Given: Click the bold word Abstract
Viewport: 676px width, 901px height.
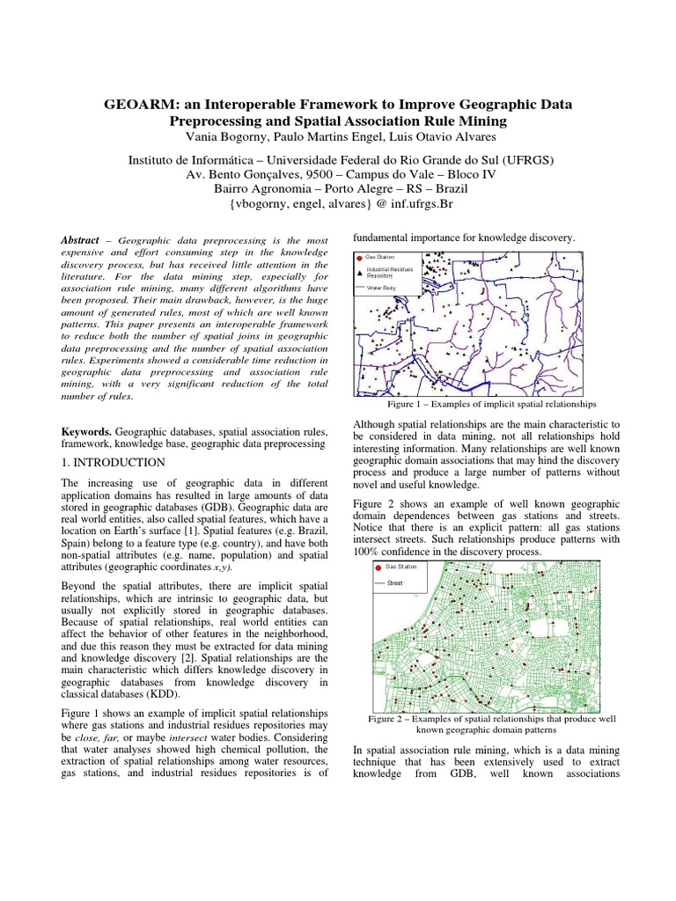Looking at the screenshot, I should (77, 240).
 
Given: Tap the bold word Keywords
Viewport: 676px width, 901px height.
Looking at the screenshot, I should (86, 433).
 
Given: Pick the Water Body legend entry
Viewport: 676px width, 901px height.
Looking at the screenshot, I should (384, 287).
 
